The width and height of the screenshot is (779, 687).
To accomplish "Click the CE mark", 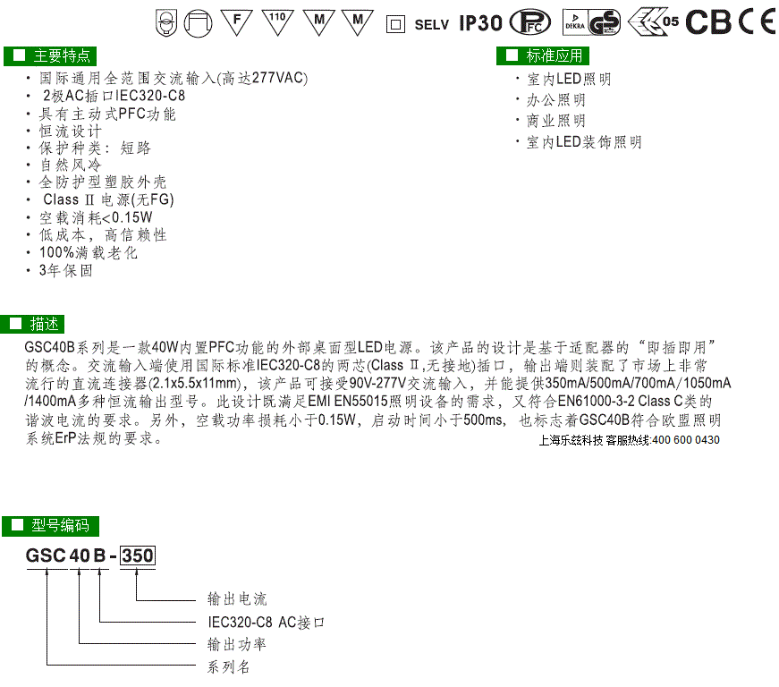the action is (x=757, y=22).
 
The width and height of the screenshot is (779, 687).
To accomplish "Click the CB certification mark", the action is (x=708, y=22).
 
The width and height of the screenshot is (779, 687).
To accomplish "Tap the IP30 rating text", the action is (x=480, y=23).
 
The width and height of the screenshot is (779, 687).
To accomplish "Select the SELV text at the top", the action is (x=431, y=25).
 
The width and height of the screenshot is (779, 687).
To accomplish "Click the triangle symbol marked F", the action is (x=236, y=21).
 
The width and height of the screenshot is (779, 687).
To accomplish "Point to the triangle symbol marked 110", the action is (x=277, y=21).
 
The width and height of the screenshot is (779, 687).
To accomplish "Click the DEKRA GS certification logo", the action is (x=591, y=22).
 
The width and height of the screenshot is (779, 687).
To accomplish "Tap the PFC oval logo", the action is (x=530, y=22).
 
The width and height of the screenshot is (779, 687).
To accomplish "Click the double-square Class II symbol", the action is (x=395, y=24).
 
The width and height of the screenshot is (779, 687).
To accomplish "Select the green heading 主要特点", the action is (x=50, y=55).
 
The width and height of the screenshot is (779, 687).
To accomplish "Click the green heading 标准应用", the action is (x=543, y=55).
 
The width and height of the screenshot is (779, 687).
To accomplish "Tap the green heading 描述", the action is (x=33, y=324).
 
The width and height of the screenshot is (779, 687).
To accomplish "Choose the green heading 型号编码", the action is (x=51, y=526).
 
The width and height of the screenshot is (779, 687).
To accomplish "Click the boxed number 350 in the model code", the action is (x=138, y=556).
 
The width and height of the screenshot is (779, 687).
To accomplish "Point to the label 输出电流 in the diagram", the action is (x=237, y=599).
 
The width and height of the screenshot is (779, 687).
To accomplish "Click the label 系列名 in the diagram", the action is (x=229, y=666).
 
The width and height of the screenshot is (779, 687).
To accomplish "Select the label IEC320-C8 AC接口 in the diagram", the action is (x=266, y=622).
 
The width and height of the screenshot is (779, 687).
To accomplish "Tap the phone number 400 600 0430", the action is (x=686, y=439).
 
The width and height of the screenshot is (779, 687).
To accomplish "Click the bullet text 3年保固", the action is (x=66, y=271).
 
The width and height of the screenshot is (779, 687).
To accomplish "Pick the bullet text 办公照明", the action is (x=556, y=100).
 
